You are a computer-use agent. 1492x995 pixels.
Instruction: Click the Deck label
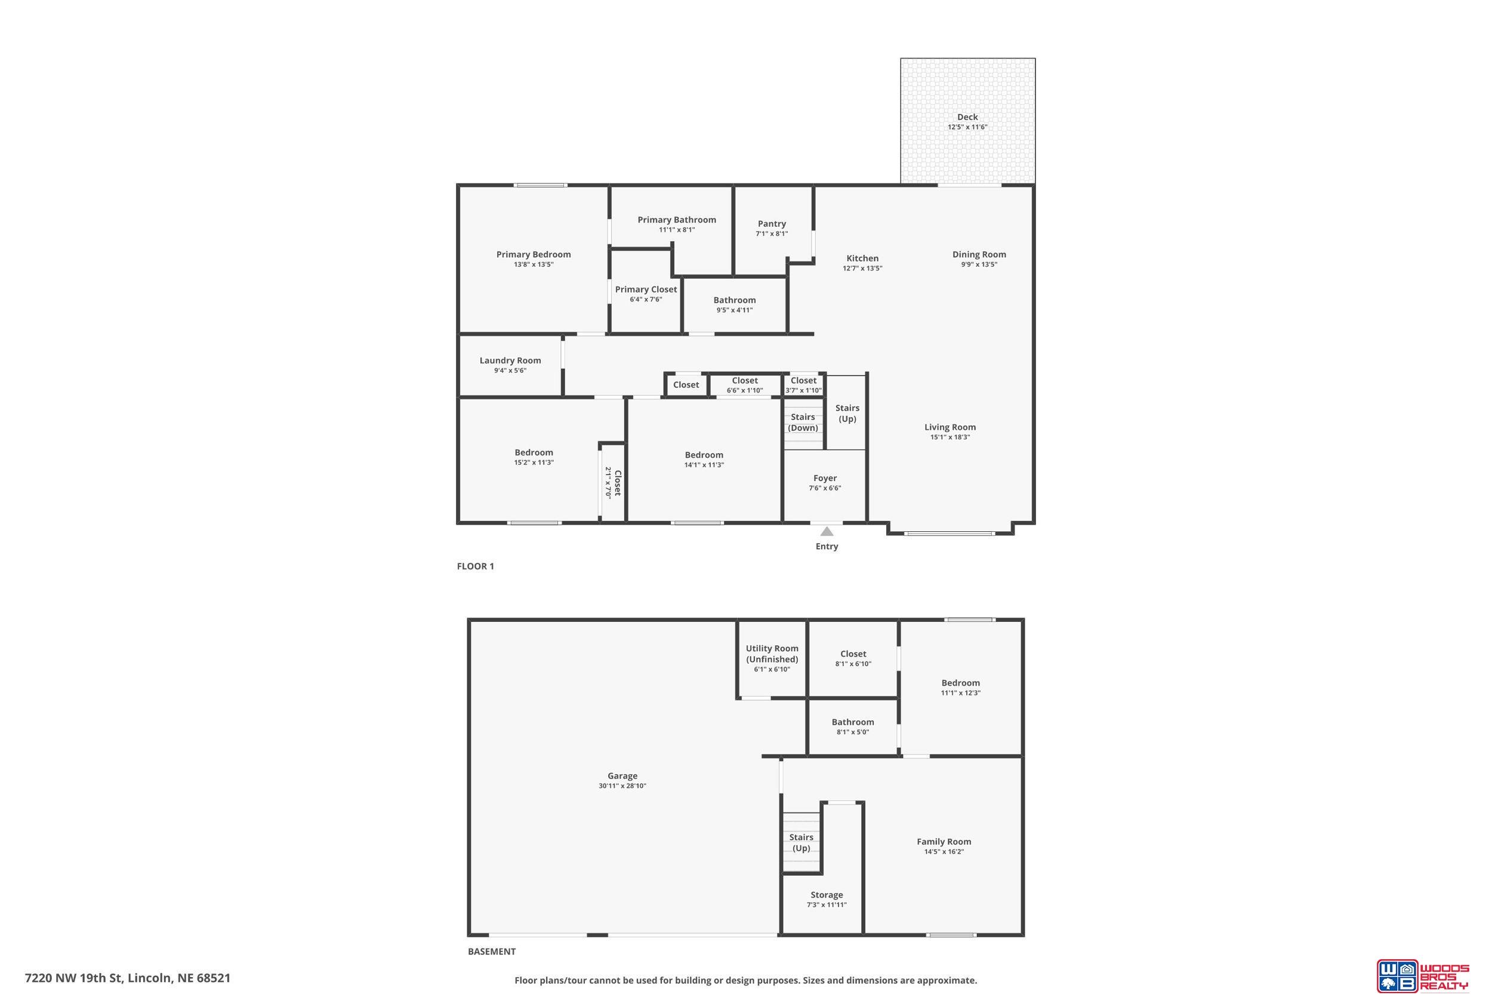tap(967, 117)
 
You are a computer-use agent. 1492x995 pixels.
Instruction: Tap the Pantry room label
tap(772, 223)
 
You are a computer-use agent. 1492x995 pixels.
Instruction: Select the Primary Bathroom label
tap(677, 220)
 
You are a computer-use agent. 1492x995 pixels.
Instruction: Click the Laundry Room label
tap(510, 361)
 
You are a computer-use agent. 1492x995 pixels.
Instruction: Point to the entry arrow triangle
tap(827, 531)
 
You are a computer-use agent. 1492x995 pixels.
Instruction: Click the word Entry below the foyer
tap(827, 546)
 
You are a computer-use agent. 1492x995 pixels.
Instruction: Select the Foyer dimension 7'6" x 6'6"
tap(825, 488)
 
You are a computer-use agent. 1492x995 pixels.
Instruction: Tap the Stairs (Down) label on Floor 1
tap(803, 422)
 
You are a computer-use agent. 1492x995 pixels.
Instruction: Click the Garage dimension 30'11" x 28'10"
tap(622, 785)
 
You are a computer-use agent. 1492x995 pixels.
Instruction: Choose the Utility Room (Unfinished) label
tap(772, 654)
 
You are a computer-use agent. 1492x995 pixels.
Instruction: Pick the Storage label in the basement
tap(827, 895)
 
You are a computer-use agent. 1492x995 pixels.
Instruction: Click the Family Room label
tap(944, 842)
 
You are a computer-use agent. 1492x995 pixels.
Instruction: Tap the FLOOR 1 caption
tap(475, 566)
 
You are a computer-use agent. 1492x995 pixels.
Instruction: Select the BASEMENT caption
tap(492, 951)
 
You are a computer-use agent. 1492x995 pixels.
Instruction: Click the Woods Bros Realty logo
tap(1422, 975)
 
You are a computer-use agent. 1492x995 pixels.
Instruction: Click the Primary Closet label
tap(646, 289)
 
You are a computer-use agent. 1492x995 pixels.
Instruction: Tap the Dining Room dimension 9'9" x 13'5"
tap(979, 264)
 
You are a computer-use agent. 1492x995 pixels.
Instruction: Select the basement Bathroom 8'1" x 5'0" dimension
tap(853, 732)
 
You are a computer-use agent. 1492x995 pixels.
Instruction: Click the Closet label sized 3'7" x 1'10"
tap(804, 381)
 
